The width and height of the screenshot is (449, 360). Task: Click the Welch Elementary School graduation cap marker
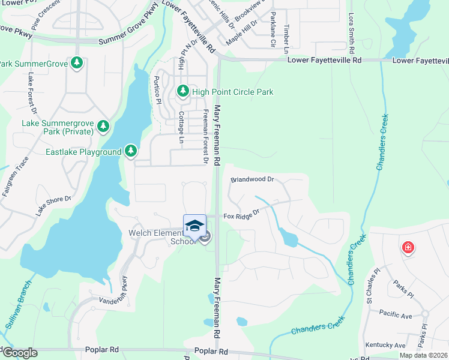tap(194, 226)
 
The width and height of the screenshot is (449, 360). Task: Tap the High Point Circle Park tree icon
tap(182, 92)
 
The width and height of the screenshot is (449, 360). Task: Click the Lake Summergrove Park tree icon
tap(104, 126)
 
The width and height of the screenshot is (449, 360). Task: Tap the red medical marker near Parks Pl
tap(408, 247)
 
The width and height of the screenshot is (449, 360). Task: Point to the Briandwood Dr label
tap(252, 179)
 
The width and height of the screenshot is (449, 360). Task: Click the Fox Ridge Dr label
tap(241, 214)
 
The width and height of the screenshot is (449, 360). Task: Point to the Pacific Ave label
tap(396, 313)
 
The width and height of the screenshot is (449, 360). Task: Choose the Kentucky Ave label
tap(386, 345)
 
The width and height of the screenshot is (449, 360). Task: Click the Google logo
tap(19, 353)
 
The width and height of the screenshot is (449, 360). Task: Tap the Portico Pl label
tap(157, 90)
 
